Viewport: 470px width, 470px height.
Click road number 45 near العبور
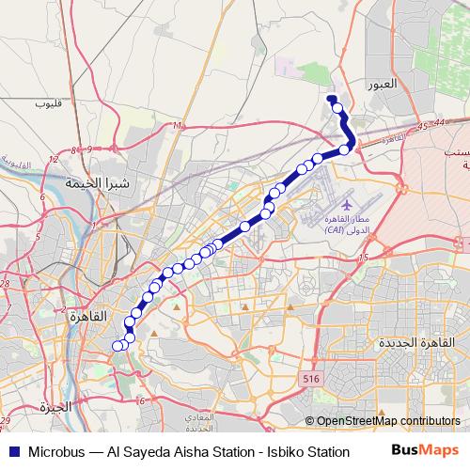[424, 125]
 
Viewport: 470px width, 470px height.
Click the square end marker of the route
[330, 97]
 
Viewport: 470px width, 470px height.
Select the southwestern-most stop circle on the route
[117, 345]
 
